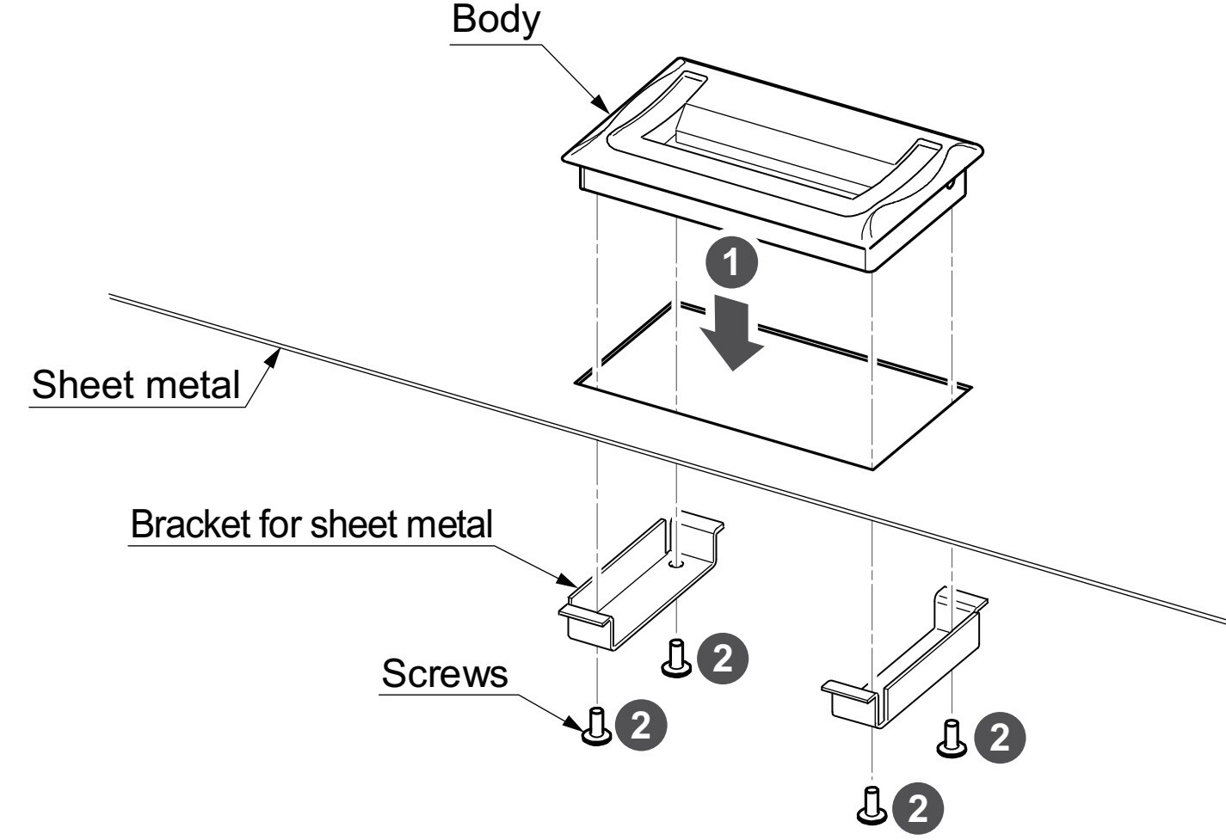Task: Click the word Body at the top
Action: tap(496, 19)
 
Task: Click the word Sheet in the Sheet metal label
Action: tap(79, 384)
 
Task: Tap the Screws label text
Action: tap(444, 674)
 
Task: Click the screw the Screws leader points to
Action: tap(595, 726)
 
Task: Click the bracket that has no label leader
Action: tap(903, 662)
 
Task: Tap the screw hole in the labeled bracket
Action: tap(677, 565)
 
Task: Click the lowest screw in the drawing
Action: tap(872, 803)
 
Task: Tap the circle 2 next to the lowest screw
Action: tap(918, 808)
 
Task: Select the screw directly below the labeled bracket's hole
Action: tap(676, 659)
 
